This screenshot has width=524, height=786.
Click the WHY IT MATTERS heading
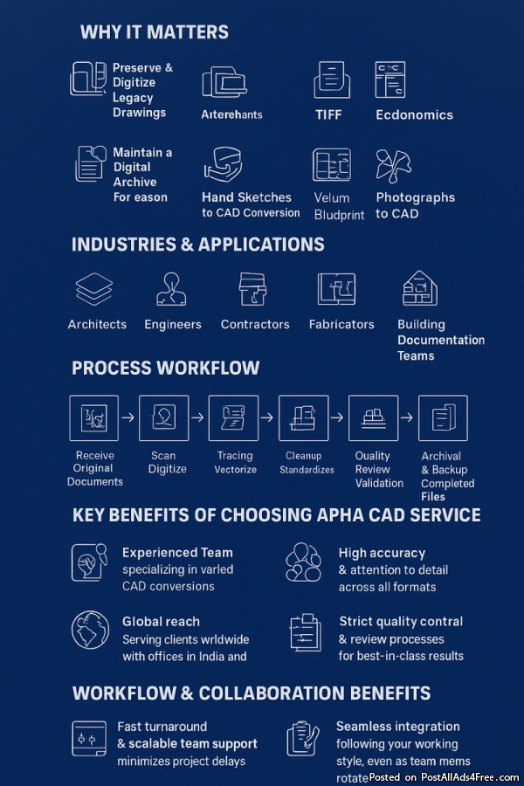point(155,32)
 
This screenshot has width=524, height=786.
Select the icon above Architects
point(94,289)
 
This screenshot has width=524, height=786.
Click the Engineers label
point(173,324)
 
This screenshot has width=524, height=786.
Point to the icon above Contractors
point(253,289)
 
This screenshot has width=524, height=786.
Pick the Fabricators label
point(341,324)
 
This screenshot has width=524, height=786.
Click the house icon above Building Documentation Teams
point(419,289)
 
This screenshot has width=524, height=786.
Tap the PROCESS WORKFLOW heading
point(166,368)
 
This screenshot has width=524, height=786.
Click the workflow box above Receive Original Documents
point(94,417)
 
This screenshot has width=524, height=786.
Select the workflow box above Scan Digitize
point(164,417)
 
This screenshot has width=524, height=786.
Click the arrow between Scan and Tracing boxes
point(198,417)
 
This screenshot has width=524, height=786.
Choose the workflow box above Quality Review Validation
point(374,417)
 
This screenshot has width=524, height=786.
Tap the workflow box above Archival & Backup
point(443,417)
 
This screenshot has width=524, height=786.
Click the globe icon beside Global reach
point(89,630)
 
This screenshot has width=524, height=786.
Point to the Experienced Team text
point(177,552)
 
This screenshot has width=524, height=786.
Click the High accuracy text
point(382,553)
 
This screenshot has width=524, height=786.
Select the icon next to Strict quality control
point(305,631)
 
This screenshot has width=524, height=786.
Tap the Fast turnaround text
point(162,727)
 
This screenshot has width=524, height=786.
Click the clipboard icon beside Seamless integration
point(302,738)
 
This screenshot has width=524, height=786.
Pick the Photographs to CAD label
point(415,205)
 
